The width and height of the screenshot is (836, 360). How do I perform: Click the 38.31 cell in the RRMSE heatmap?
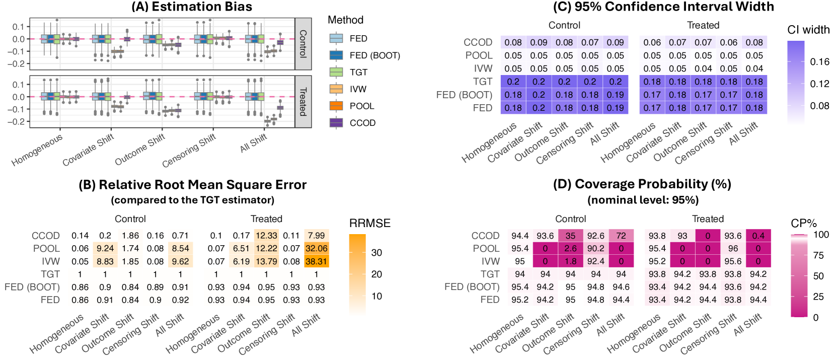pos(316,261)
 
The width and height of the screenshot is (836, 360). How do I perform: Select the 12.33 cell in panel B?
pos(266,235)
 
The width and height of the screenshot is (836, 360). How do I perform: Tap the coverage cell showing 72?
pos(621,236)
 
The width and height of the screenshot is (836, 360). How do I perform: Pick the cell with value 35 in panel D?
pos(570,236)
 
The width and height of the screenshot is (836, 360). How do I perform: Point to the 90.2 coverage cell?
pos(596,248)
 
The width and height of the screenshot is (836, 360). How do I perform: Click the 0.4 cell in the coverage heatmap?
pos(758,236)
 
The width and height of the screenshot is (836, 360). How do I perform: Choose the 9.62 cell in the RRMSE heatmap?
pos(180,261)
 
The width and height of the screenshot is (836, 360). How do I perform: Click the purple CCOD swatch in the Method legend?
pos(336,123)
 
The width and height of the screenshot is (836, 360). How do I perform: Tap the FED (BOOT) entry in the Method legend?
pos(374,55)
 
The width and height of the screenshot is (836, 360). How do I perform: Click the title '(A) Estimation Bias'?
pos(192,7)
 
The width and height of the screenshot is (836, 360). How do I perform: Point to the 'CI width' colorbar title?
pos(808,30)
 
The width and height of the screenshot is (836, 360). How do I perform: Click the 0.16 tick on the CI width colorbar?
pos(819,62)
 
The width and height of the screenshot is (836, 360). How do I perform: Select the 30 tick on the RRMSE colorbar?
pos(376,253)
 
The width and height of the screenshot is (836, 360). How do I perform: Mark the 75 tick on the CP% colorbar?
pos(818,255)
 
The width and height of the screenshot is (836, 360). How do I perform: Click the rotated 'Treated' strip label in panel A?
pos(303,102)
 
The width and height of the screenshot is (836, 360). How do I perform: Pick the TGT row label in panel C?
pos(482,82)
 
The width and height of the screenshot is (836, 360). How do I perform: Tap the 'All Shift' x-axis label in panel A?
pos(253,143)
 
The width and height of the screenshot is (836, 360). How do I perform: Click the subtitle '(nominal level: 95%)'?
pos(643,200)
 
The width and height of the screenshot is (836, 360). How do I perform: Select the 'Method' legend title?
pos(345,20)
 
